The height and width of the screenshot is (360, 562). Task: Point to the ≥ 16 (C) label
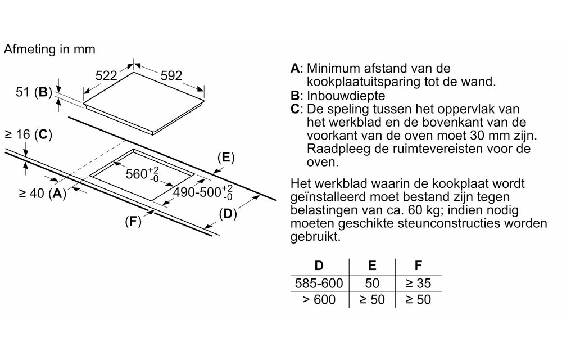click(28, 134)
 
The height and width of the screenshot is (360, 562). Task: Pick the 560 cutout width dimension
click(140, 174)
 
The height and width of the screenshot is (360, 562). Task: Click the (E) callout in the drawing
click(225, 158)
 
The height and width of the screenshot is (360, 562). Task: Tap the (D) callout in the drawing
click(227, 214)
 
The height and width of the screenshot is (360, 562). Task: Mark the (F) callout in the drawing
click(133, 222)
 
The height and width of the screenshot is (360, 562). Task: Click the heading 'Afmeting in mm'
click(49, 49)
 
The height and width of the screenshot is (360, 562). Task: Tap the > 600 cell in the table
click(319, 299)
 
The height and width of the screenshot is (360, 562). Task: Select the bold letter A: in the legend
click(297, 69)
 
